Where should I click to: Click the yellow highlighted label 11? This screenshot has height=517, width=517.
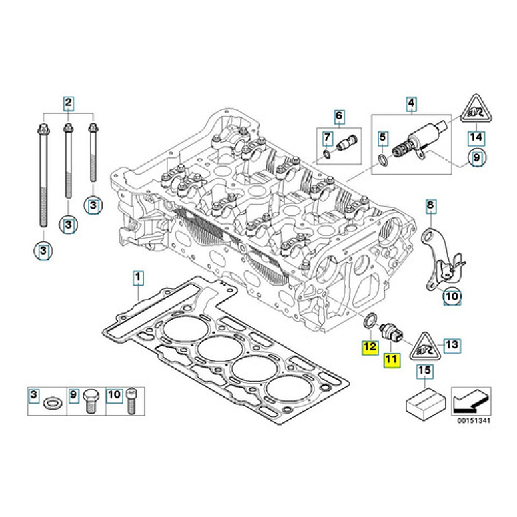[390, 360]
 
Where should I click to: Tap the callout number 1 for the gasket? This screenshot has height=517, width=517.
[137, 276]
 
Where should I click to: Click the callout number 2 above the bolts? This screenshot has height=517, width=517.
[68, 103]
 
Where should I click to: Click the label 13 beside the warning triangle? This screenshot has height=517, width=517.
[452, 345]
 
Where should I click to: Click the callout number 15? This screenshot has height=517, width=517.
[424, 370]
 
